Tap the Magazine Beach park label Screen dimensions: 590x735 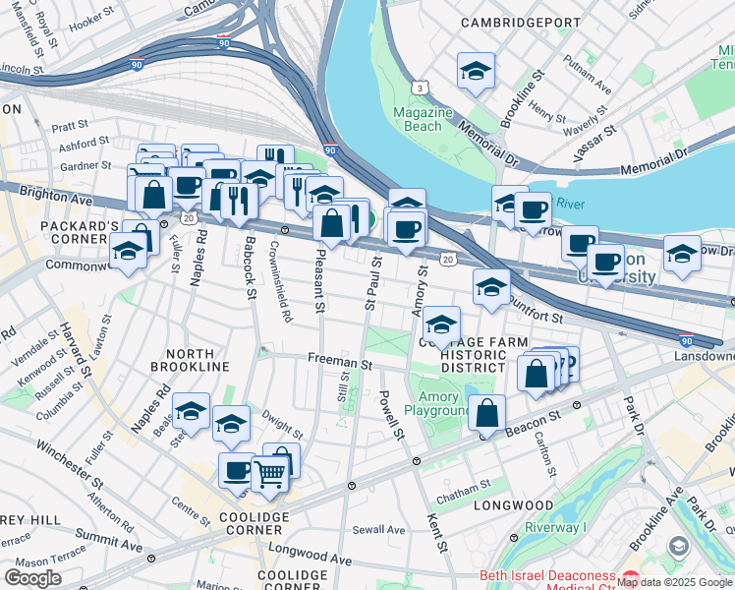point(424,119)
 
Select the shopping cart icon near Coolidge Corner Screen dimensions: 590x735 point(269,474)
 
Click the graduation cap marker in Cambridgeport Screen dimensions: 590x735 point(476,71)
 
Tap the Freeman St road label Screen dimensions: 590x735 point(339,363)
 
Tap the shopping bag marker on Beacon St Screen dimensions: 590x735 point(487,413)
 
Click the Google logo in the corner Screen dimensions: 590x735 point(32,577)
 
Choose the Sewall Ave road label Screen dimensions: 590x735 point(379,530)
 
